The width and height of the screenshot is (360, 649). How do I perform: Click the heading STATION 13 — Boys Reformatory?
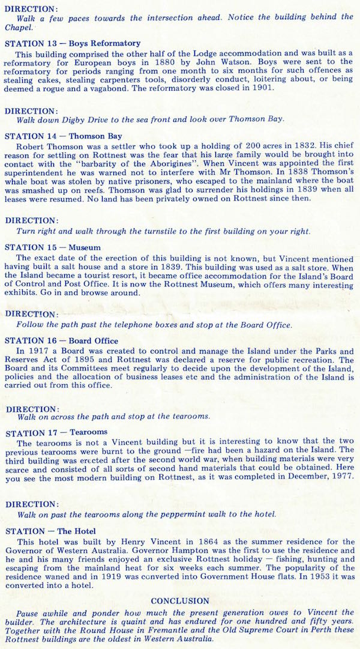73,43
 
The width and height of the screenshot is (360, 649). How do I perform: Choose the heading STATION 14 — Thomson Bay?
63,136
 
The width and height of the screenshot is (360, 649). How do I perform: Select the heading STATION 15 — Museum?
53,247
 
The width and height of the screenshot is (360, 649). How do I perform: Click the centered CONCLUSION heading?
180,601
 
